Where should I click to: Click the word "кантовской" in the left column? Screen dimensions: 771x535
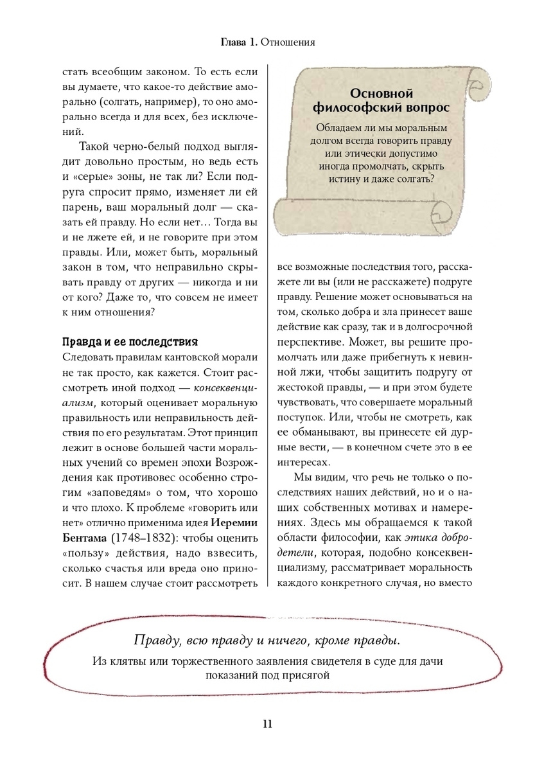189,358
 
